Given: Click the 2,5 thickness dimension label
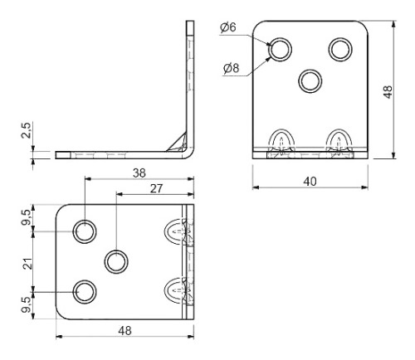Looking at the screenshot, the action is (x=27, y=130).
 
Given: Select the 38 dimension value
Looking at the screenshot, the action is (x=139, y=173).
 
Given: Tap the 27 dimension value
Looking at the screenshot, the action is (x=156, y=188).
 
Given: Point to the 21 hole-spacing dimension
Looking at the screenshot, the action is (x=27, y=263).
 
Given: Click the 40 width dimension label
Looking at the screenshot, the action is (x=310, y=182).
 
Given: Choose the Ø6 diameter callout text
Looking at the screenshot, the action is (x=228, y=27).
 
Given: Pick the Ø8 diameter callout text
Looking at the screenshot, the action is (x=232, y=68).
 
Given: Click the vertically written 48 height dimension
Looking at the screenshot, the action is (x=388, y=92).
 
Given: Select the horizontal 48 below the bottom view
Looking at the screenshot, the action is (x=124, y=330).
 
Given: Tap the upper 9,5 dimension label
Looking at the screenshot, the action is (x=27, y=217).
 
